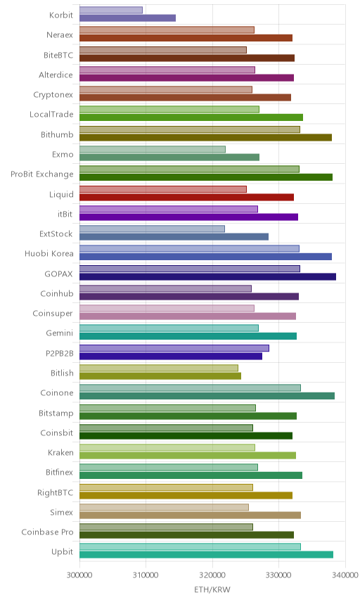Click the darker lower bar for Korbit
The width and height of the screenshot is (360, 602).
pyautogui.click(x=127, y=18)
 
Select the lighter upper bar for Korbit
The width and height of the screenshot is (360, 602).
pyautogui.click(x=111, y=10)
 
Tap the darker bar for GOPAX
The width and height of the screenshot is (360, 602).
pyautogui.click(x=207, y=277)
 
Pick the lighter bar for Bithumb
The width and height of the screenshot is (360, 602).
pyautogui.click(x=190, y=129)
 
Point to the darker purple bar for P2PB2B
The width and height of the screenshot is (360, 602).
pyautogui.click(x=171, y=357)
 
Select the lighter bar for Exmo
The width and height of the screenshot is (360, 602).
pyautogui.click(x=153, y=149)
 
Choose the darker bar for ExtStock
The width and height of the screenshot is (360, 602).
pyautogui.click(x=174, y=237)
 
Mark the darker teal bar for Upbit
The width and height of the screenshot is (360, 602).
pyautogui.click(x=206, y=555)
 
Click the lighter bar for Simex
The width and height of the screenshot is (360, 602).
pyautogui.click(x=164, y=507)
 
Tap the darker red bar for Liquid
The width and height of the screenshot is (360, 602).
pyautogui.click(x=186, y=198)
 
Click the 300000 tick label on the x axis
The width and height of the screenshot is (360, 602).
pyautogui.click(x=79, y=575)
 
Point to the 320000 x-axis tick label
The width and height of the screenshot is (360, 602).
pyautogui.click(x=212, y=575)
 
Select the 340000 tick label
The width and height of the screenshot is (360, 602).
pyautogui.click(x=345, y=575)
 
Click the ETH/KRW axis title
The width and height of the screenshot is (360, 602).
pyautogui.click(x=212, y=590)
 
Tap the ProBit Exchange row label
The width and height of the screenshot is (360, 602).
pyautogui.click(x=41, y=174)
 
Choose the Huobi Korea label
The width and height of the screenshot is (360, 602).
pyautogui.click(x=49, y=253)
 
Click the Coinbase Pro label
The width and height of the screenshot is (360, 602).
pyautogui.click(x=47, y=532)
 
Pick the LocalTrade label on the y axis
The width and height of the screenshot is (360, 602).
pyautogui.click(x=51, y=114)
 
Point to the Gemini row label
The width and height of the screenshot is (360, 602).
pyautogui.click(x=60, y=333)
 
